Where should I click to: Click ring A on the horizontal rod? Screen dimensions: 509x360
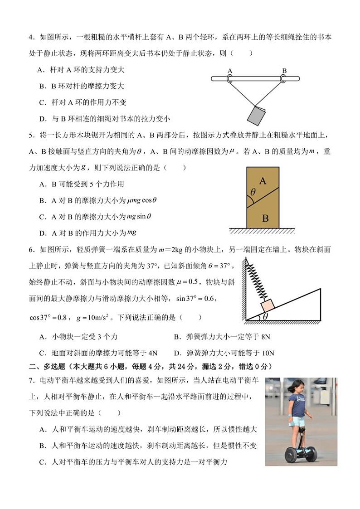[229, 79]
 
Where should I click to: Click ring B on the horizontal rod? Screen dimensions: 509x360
[284, 79]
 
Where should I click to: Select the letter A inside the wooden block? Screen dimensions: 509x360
[262, 181]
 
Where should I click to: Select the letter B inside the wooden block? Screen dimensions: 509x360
[265, 218]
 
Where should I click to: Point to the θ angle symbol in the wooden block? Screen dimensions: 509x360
[253, 192]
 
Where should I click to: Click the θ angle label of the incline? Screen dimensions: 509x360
[265, 316]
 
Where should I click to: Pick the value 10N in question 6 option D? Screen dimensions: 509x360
[268, 353]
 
